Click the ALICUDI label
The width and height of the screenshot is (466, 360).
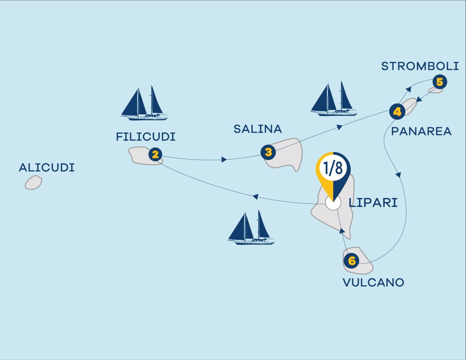tap(47, 167)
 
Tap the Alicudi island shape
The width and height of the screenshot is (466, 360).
tap(33, 183)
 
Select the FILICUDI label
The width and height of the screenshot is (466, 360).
tap(146, 137)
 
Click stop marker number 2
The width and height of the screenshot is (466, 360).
tap(155, 154)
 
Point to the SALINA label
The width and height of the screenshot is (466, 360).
tap(258, 129)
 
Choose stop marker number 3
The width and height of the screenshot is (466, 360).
tap(268, 152)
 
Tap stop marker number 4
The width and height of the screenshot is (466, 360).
tap(397, 111)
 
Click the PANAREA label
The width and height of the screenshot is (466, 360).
tap(421, 131)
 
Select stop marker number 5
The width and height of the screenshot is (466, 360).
tap(439, 82)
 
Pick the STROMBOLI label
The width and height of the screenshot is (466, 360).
tap(420, 66)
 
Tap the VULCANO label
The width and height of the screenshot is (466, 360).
tap(373, 283)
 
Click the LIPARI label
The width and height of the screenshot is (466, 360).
tap(373, 202)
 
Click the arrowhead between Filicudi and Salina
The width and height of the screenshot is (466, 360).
tap(224, 159)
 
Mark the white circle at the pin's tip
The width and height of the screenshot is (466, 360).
tap(333, 203)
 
